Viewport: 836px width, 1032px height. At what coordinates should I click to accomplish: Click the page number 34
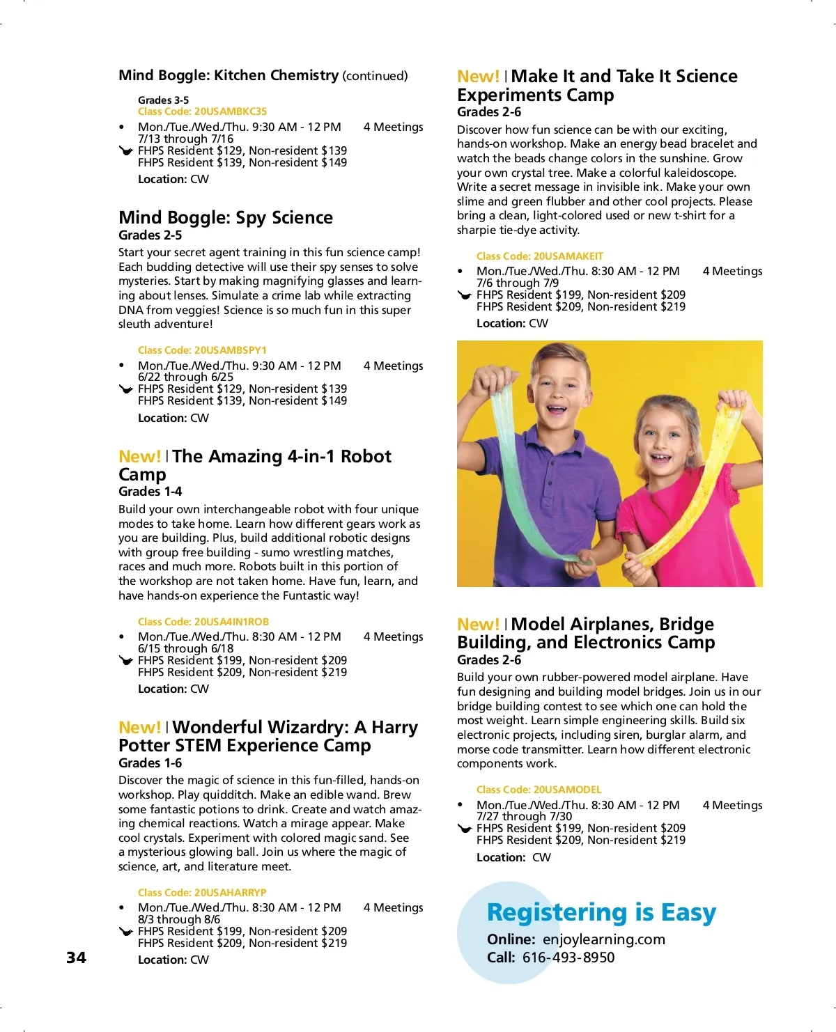pos(77,957)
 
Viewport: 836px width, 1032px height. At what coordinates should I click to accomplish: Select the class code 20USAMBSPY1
pos(231,350)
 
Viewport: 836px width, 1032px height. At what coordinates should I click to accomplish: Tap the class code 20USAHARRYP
pos(231,893)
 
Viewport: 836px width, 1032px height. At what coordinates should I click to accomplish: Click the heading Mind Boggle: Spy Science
pos(225,218)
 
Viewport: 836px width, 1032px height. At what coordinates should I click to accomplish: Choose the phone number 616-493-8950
pos(568,957)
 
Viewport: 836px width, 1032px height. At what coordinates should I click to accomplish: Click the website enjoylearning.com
pos(604,939)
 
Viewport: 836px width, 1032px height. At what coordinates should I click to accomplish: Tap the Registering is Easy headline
pos(601,912)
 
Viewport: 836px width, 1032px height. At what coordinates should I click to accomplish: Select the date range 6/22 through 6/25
pos(185,377)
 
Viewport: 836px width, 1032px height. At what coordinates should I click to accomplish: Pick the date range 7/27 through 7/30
pos(524,816)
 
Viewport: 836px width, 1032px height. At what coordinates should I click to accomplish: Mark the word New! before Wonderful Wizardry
pos(139,728)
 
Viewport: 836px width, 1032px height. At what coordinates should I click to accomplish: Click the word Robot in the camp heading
pos(366,457)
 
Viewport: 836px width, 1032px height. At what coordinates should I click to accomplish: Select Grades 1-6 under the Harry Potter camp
pos(150,763)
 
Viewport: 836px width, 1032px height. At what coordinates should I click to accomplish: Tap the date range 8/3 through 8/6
pos(179,919)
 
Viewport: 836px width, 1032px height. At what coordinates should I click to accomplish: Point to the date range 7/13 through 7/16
pos(185,139)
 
